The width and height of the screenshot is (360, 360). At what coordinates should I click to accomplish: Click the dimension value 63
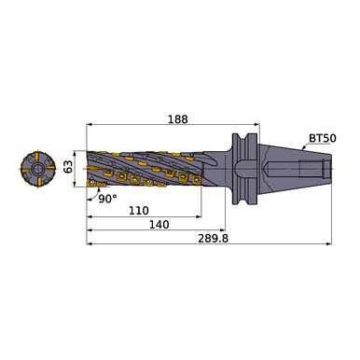coord(67,168)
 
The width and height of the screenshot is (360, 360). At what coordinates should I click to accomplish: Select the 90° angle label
coord(109,198)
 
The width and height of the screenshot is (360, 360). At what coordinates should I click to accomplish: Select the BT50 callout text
coord(321,137)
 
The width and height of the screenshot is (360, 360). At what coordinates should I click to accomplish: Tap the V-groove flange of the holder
coord(242,168)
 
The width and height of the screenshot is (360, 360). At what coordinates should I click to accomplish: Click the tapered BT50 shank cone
coord(280,168)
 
